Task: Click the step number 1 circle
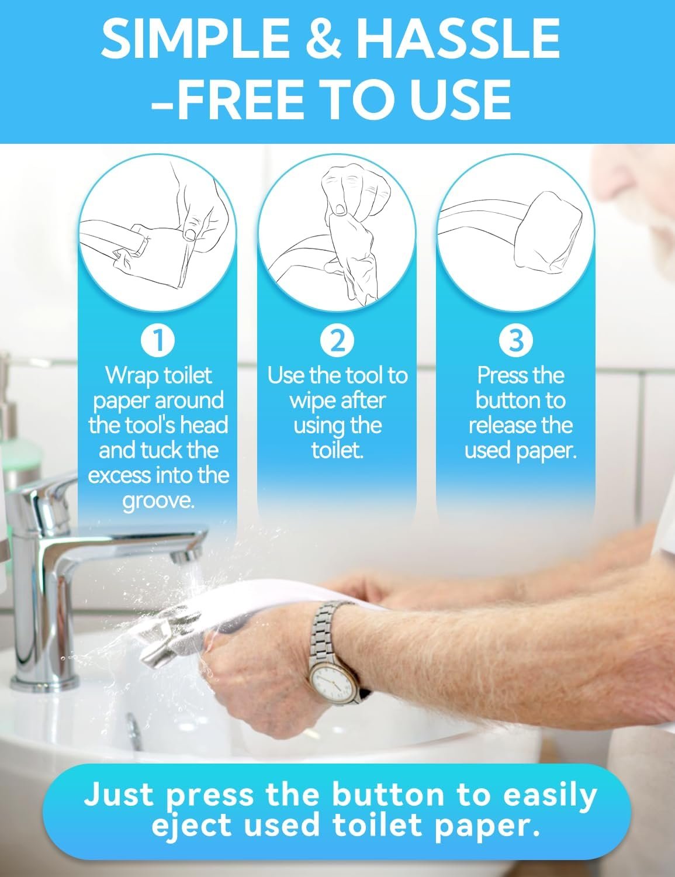coord(158,340)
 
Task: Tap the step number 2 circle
coord(337,340)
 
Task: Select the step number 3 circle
coord(516,340)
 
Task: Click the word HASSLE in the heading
coord(458,39)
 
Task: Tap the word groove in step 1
coord(158,502)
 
